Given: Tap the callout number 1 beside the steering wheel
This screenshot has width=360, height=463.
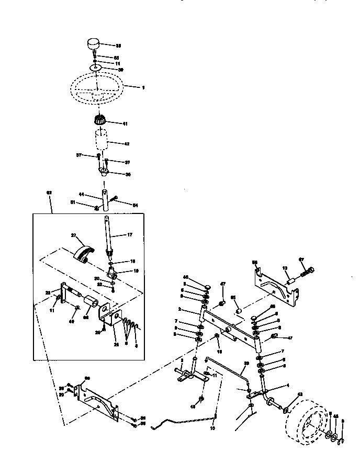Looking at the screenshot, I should (143, 87).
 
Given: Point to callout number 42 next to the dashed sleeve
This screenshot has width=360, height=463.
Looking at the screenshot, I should (126, 143).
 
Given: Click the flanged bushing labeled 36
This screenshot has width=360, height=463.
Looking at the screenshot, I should (104, 171).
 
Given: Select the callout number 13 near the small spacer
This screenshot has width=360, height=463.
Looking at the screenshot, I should (285, 267).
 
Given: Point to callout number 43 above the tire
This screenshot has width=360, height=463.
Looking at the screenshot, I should (300, 394).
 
